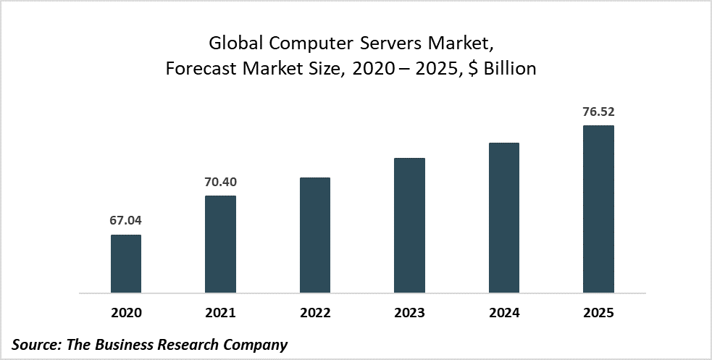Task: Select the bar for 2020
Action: click(x=126, y=264)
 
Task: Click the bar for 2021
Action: click(x=220, y=245)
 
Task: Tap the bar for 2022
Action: click(x=315, y=235)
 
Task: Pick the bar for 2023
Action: click(x=409, y=226)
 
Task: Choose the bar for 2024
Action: click(x=504, y=218)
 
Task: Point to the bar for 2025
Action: click(x=598, y=209)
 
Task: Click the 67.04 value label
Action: click(x=126, y=221)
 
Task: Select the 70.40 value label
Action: click(x=220, y=182)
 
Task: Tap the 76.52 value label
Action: click(x=598, y=112)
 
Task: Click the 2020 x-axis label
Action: click(x=126, y=314)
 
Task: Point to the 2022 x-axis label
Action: click(x=315, y=314)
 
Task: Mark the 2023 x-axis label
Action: click(x=409, y=314)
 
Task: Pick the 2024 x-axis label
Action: click(x=504, y=314)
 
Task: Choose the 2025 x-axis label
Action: click(x=598, y=314)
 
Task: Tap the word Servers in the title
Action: click(x=388, y=43)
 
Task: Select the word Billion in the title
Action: click(x=510, y=69)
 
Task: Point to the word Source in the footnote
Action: click(x=36, y=344)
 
